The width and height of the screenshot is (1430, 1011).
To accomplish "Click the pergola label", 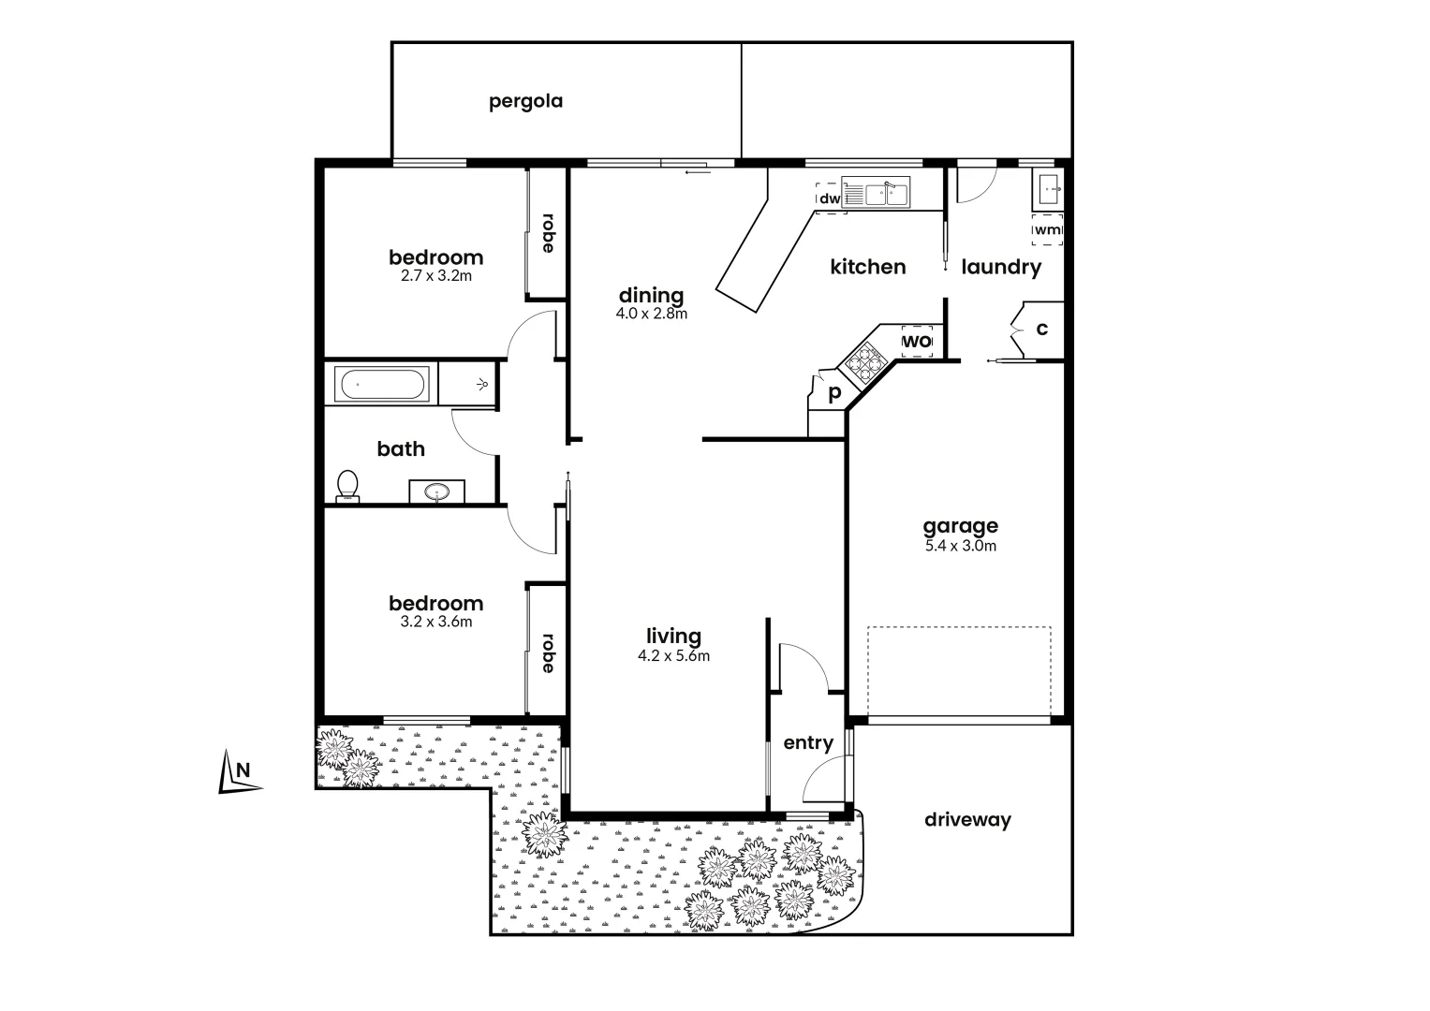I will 525,101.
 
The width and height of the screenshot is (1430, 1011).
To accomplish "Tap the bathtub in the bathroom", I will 383,385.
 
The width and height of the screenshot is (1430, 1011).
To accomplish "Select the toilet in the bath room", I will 347,485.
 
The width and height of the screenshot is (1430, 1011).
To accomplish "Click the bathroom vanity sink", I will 436,491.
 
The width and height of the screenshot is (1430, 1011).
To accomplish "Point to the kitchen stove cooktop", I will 863,360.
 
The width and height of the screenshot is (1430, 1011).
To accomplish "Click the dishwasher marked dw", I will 830,198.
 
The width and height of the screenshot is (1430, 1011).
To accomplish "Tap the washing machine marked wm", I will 1047,229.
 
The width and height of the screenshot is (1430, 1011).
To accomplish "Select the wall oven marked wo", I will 917,342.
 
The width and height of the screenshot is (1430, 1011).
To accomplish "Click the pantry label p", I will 833,392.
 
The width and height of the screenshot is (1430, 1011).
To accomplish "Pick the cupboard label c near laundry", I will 1041,330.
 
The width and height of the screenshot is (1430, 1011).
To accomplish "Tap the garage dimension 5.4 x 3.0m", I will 960,546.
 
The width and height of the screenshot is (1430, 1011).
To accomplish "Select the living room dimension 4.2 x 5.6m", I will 673,655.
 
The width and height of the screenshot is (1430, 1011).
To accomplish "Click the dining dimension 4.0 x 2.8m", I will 651,314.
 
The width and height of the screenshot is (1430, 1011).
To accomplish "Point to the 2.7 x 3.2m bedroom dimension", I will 435,276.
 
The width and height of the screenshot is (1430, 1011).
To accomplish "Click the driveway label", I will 967,820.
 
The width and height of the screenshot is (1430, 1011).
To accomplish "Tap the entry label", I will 807,742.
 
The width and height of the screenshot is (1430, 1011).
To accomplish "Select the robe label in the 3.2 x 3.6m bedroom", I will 547,653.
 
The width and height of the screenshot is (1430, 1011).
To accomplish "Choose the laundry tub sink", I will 1047,191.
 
